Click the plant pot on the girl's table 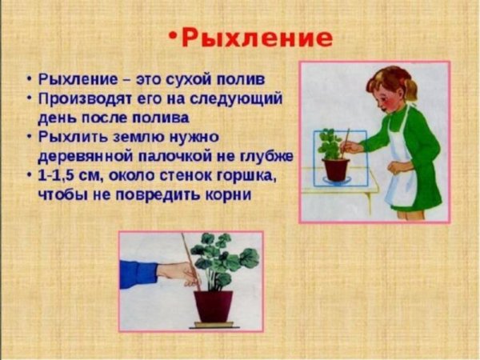tap(335, 168)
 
